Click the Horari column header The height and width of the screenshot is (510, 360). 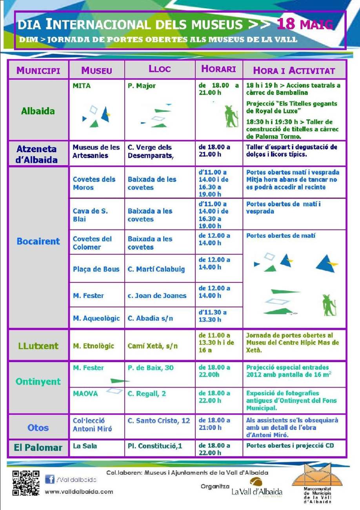(x=218, y=69)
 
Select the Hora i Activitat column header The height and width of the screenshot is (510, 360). (x=294, y=71)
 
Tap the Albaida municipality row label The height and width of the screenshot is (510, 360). (x=38, y=111)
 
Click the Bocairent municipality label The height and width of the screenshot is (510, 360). (x=38, y=241)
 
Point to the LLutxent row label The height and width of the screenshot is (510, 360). (x=38, y=346)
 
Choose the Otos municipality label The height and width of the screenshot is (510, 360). (x=38, y=427)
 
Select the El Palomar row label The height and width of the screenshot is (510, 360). (x=38, y=448)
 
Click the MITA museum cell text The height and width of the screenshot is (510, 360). (x=82, y=86)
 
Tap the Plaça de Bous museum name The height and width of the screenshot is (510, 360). (x=96, y=269)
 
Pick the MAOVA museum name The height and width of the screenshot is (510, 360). (x=85, y=393)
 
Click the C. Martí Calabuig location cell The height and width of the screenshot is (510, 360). (x=156, y=269)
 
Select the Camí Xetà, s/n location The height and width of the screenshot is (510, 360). (x=153, y=346)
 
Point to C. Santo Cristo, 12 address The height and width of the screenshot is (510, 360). (x=159, y=421)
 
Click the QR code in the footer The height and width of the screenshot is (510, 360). (x=26, y=483)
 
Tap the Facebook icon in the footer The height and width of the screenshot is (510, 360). (x=49, y=479)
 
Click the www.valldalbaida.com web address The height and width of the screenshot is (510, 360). (x=79, y=492)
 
